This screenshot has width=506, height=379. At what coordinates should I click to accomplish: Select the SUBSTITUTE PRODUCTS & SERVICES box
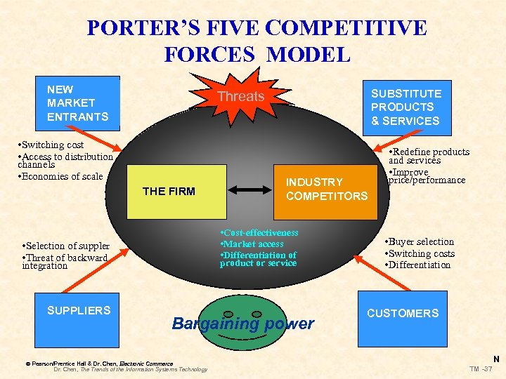[x=406, y=107]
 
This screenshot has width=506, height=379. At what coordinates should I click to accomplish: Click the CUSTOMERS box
[x=402, y=317]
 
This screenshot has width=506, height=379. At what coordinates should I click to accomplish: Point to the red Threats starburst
[x=240, y=96]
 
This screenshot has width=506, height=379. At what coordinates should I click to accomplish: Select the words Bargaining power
[x=242, y=324]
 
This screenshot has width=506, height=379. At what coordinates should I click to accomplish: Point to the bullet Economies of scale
[x=62, y=176]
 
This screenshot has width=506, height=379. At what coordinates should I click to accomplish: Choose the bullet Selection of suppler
[x=66, y=246]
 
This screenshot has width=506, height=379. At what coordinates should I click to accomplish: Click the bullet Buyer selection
[x=420, y=242]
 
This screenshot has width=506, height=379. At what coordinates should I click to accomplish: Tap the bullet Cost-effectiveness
[x=259, y=232]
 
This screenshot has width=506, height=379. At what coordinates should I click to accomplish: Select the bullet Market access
[x=252, y=244]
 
